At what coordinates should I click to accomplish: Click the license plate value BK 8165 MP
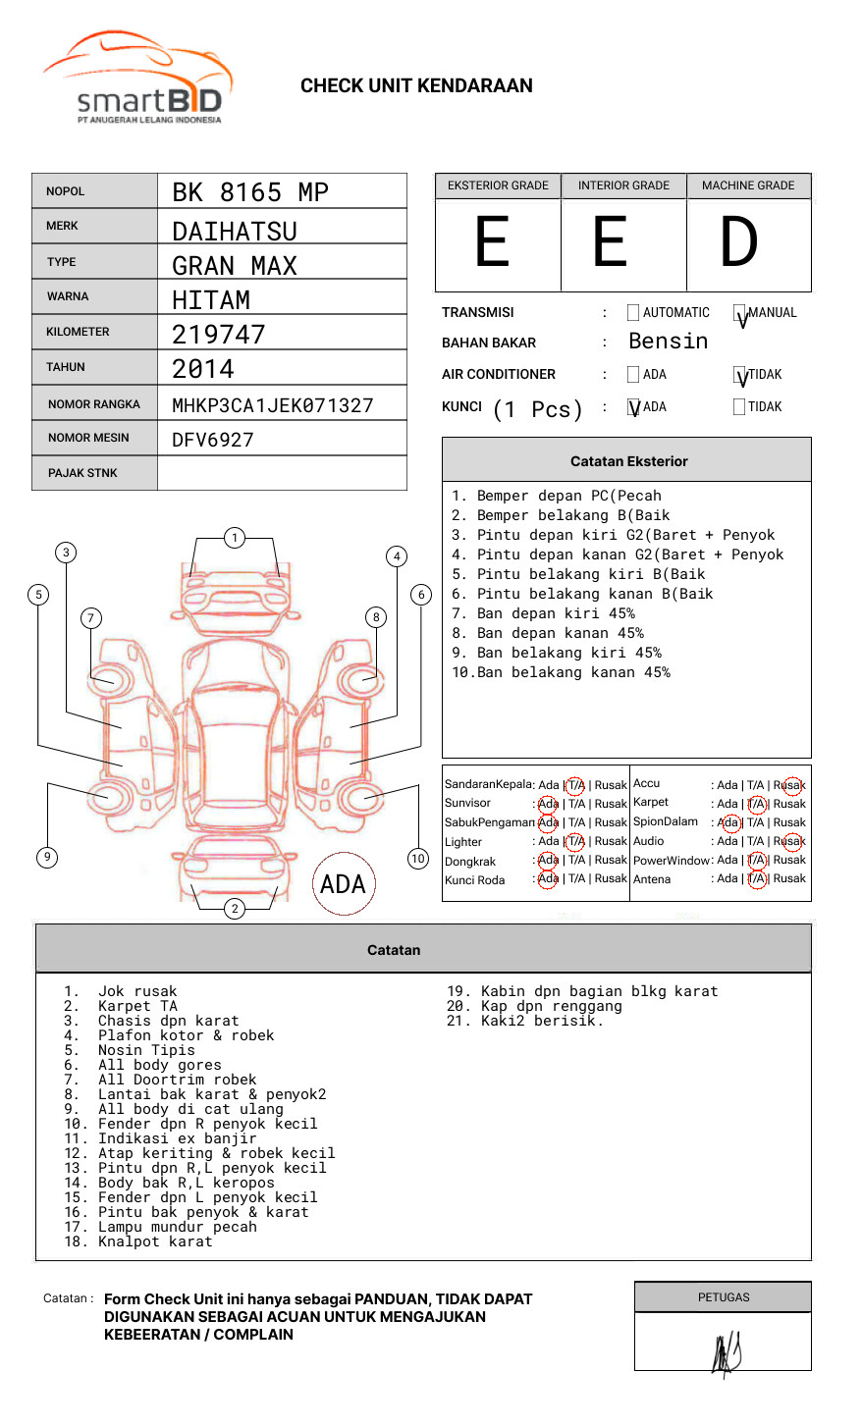[x=250, y=192]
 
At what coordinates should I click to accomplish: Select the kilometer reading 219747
[x=219, y=335]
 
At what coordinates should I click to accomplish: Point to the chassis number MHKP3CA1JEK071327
[x=273, y=405]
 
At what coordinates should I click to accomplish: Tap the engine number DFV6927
[x=213, y=440]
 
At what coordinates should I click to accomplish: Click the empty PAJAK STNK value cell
[x=282, y=473]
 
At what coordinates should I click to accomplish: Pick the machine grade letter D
[x=739, y=242]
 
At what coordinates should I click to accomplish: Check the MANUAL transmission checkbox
[x=740, y=314]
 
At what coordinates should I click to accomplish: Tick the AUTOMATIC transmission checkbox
[x=633, y=313]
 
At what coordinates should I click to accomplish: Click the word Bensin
[x=668, y=342]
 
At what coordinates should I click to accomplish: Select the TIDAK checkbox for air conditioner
[x=740, y=375]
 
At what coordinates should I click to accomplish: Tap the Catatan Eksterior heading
[x=628, y=461]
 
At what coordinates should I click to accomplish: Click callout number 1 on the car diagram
[x=234, y=537]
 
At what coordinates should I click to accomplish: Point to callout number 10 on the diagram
[x=418, y=859]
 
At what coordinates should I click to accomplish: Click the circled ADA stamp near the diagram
[x=343, y=884]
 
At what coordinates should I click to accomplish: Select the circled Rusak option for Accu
[x=792, y=785]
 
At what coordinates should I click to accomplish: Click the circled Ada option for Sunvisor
[x=548, y=804]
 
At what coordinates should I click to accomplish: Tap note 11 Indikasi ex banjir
[x=177, y=1139]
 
